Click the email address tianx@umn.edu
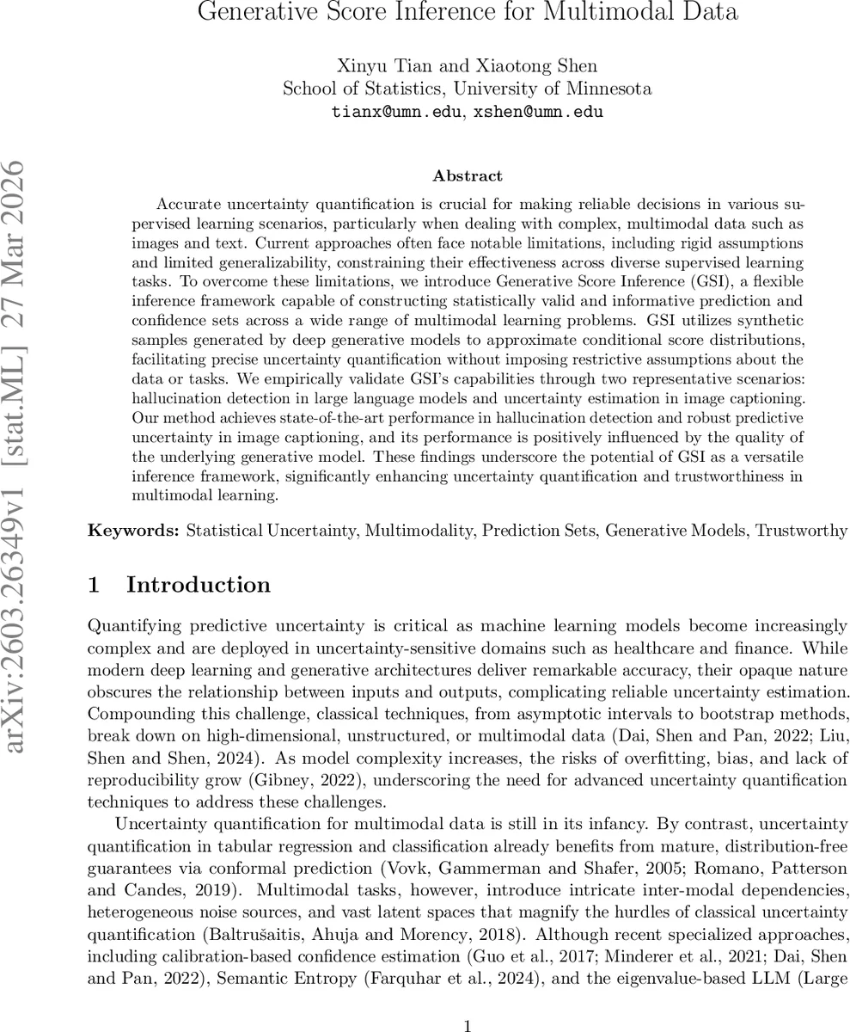(x=394, y=112)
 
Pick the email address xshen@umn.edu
(x=537, y=112)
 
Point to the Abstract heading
(x=468, y=176)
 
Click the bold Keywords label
(x=133, y=531)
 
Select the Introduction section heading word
(x=199, y=586)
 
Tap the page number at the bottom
(x=468, y=1002)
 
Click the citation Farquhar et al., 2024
(x=590, y=955)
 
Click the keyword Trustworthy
(x=801, y=531)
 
